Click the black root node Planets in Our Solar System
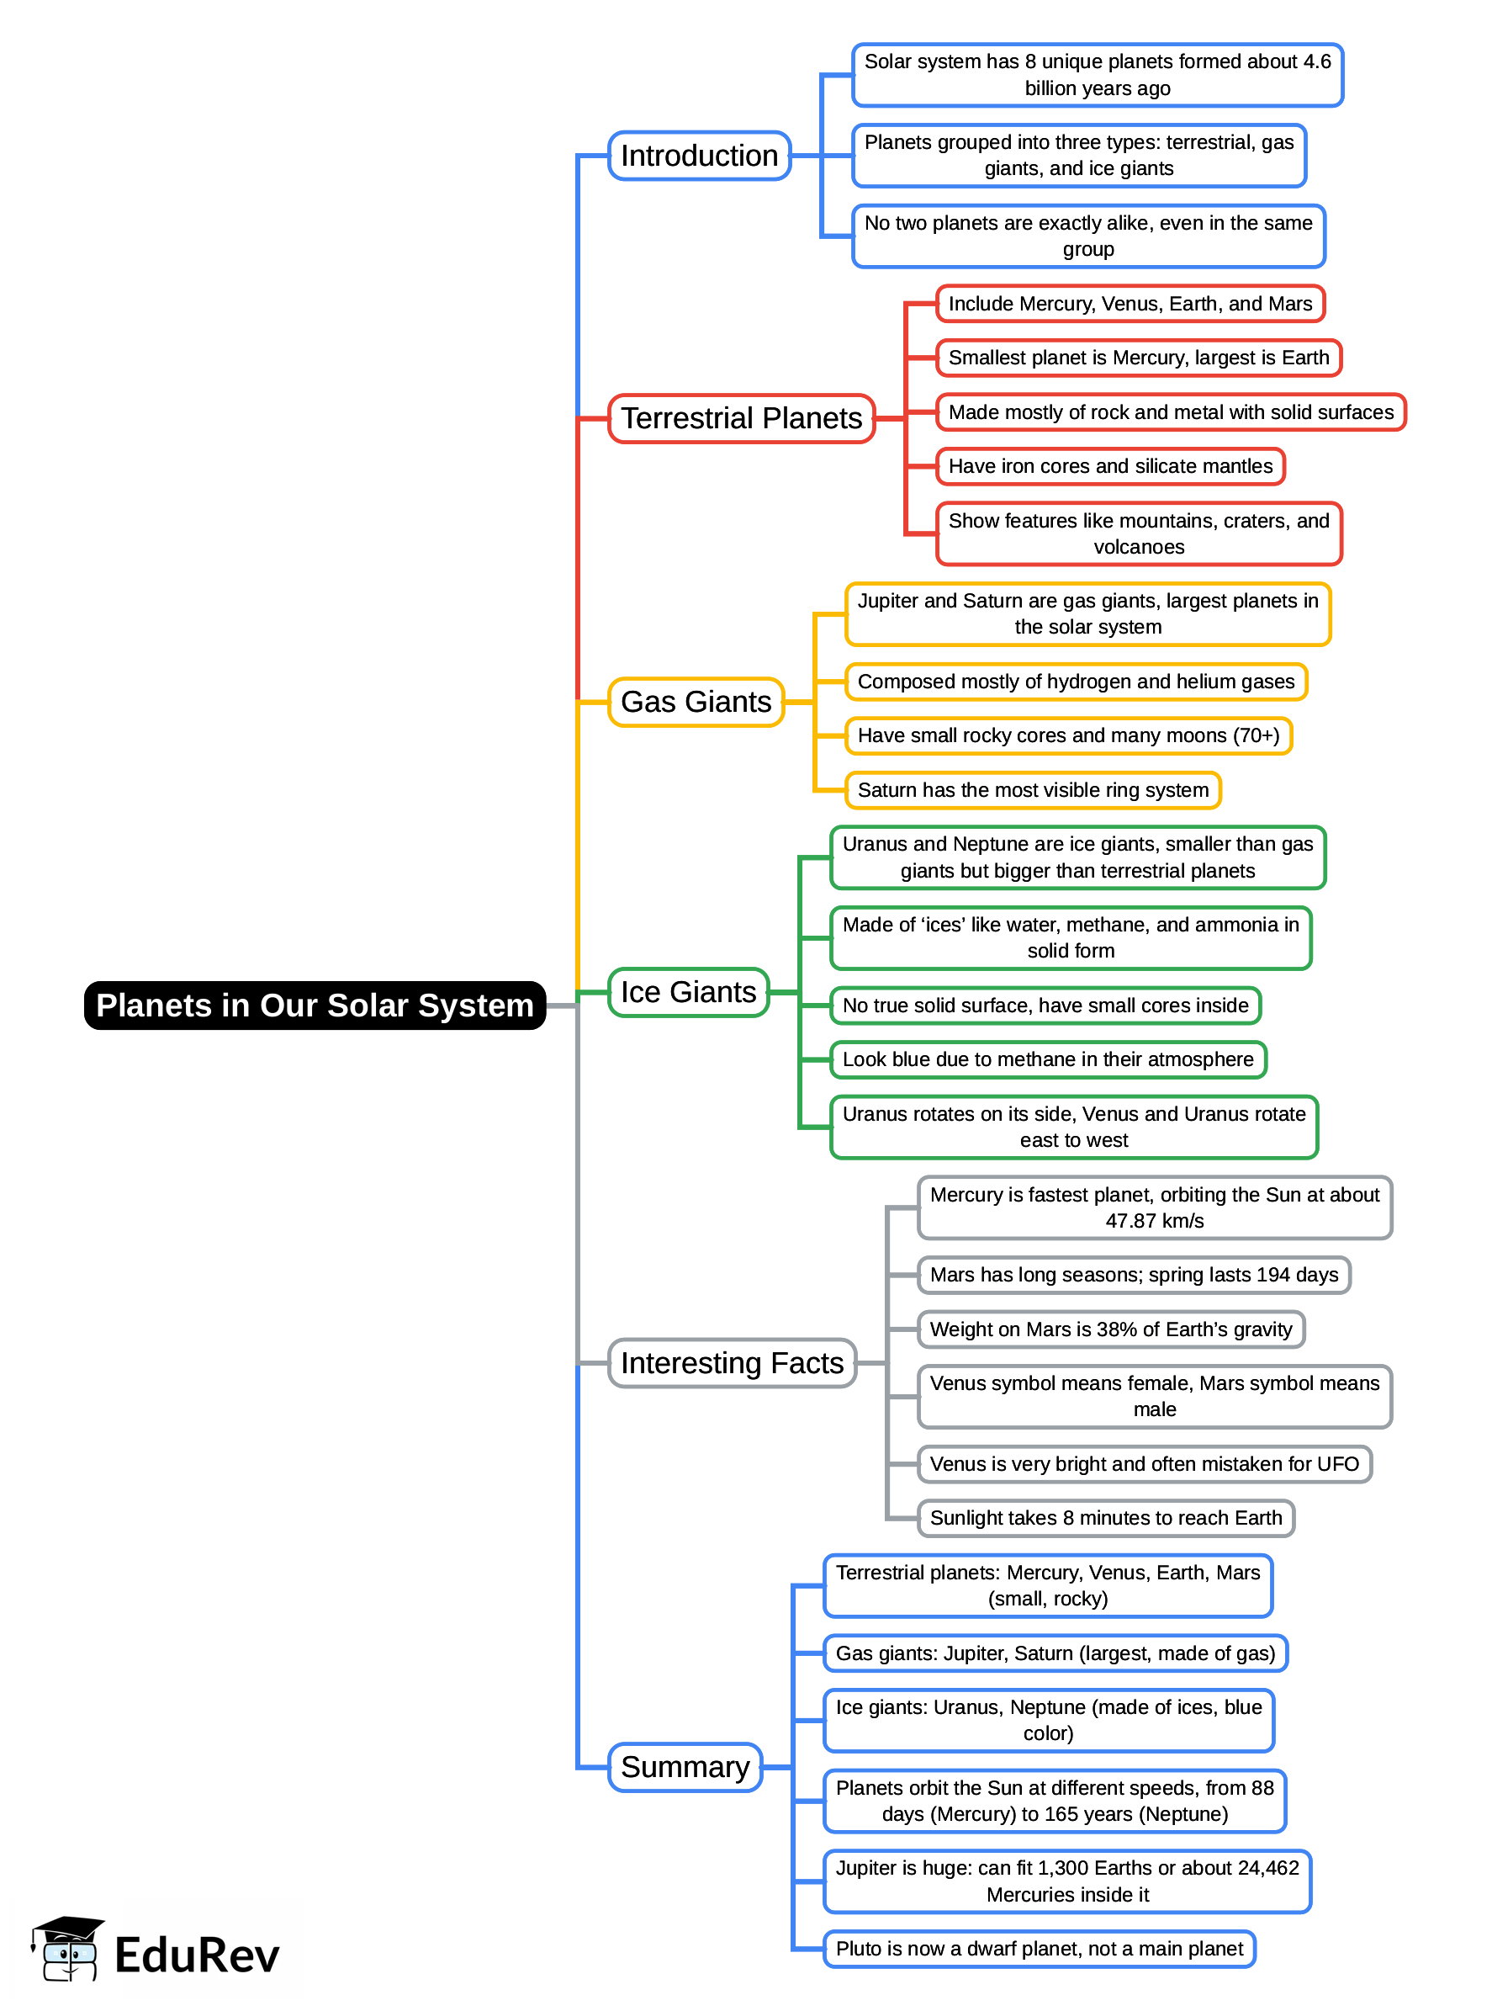(315, 1005)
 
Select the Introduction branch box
(699, 156)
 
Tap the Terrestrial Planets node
(741, 418)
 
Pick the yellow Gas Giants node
(696, 701)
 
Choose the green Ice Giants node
(688, 992)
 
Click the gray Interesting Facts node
(732, 1362)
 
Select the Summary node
(685, 1766)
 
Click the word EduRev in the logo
(197, 1956)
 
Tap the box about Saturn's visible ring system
(1032, 789)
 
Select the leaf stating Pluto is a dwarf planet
(1039, 1948)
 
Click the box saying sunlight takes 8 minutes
(1105, 1518)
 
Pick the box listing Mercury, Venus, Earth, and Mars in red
(1130, 304)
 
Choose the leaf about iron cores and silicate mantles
(1110, 466)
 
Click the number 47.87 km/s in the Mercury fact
(1154, 1221)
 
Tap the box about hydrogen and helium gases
(1076, 682)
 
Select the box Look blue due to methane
(1048, 1059)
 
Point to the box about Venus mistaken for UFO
(1145, 1463)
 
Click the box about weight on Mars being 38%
(1111, 1329)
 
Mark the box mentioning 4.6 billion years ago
(1097, 75)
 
